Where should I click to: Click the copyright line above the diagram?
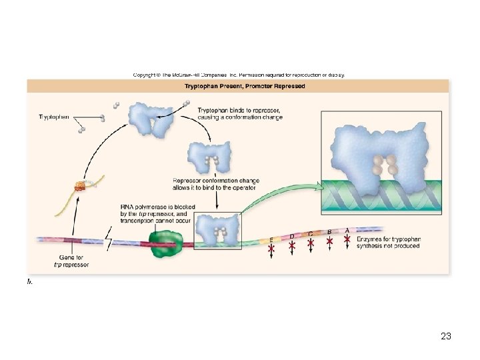coord(239,75)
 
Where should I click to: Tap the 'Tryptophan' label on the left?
coord(54,117)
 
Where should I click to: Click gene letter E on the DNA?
coord(271,239)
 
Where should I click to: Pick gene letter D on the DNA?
coord(291,236)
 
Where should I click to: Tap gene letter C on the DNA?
coord(311,233)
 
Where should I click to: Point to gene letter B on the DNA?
coord(329,231)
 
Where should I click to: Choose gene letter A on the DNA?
coord(347,229)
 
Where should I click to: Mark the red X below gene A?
coord(347,237)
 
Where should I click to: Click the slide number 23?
coord(446,337)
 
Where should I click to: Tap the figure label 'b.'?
coord(30,281)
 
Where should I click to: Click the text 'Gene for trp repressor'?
coord(72,261)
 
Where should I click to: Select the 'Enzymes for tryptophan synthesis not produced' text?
coord(389,242)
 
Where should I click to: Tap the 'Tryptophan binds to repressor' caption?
coord(240,113)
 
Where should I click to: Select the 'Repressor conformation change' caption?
coord(215,184)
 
